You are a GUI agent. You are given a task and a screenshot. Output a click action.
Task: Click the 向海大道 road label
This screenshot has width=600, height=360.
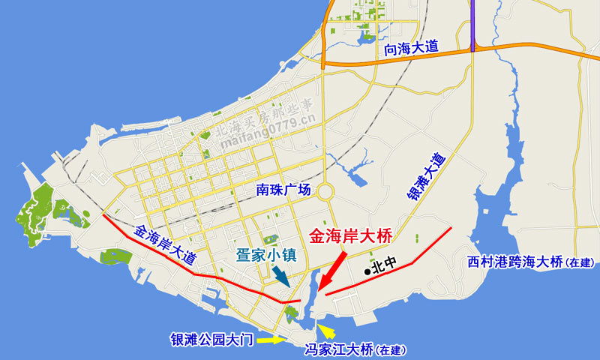tap(410, 48)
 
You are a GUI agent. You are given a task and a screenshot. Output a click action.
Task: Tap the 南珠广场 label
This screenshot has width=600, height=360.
tap(281, 190)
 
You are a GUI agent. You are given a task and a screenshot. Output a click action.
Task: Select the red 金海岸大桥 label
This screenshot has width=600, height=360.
tap(350, 235)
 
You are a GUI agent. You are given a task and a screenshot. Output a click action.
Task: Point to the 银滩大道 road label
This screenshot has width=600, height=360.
tap(426, 177)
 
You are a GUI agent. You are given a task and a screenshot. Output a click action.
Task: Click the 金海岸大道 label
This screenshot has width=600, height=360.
tap(165, 244)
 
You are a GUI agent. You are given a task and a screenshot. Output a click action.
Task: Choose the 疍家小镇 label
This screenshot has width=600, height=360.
tap(266, 254)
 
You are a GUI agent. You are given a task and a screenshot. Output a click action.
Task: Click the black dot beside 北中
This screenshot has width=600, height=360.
tap(367, 271)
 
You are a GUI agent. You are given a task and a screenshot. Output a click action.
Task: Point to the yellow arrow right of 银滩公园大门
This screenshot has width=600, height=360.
tap(271, 340)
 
